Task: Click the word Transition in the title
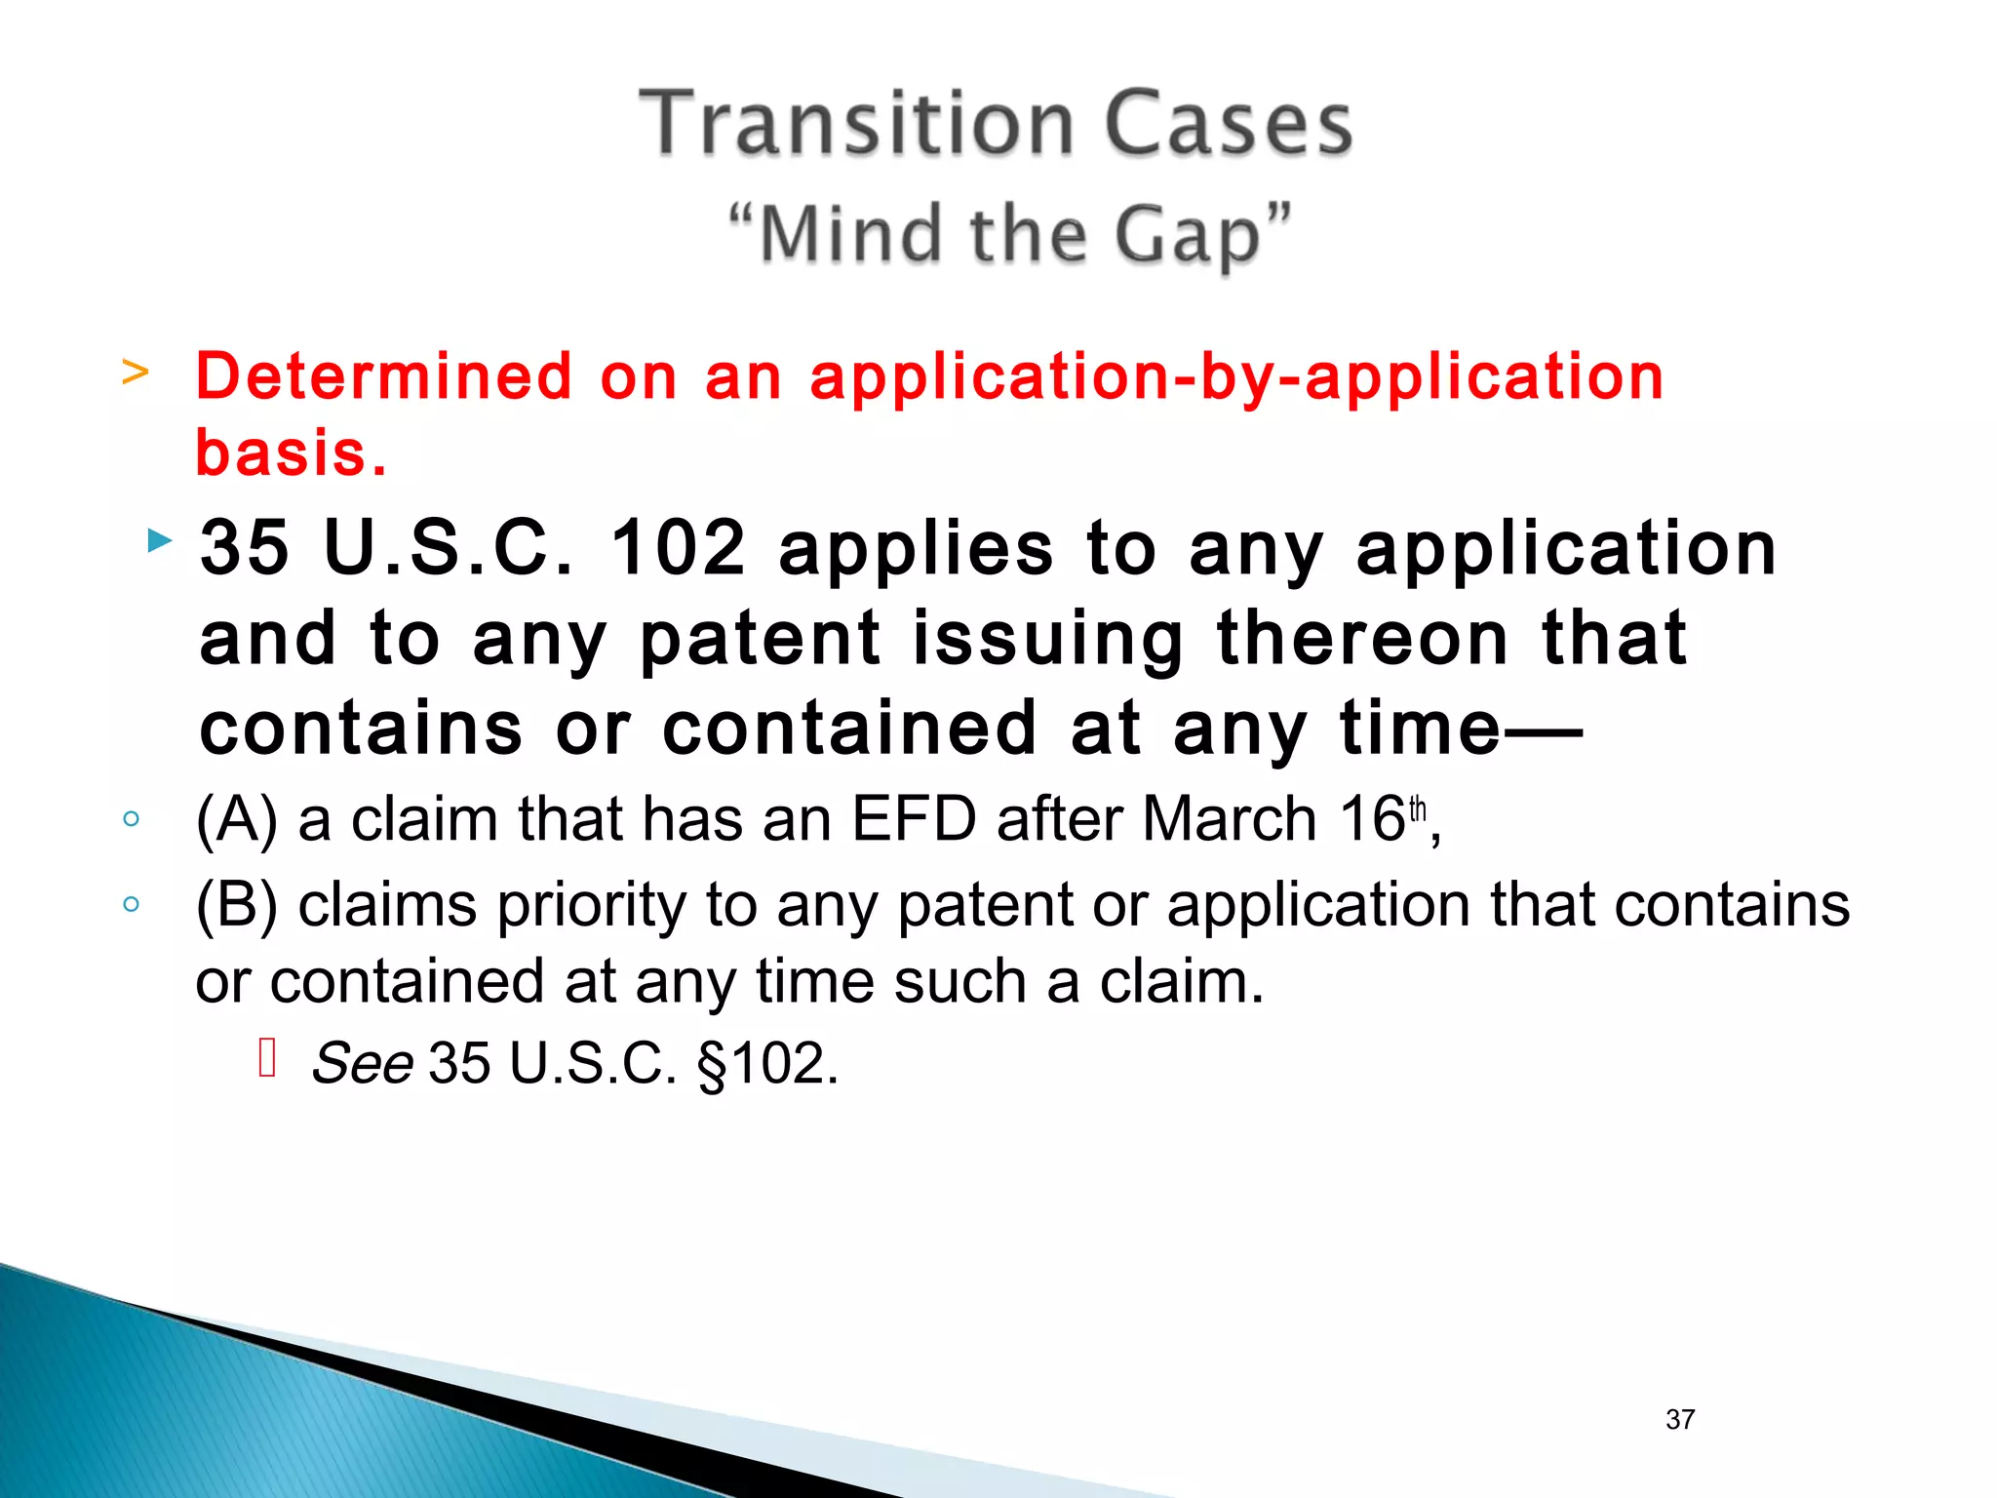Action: click(856, 124)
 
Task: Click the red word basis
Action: click(291, 453)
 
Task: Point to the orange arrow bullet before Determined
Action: click(136, 372)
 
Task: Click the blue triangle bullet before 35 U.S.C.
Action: click(159, 540)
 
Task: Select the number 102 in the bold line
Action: click(678, 548)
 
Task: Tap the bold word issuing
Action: click(1048, 639)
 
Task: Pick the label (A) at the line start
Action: click(237, 819)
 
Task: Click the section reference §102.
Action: click(767, 1063)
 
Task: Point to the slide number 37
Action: click(1680, 1419)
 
